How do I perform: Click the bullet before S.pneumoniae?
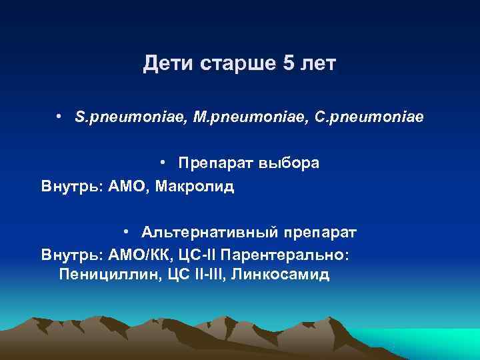coord(60,117)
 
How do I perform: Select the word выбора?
coord(288,164)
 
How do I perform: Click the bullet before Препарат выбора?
coord(163,163)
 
